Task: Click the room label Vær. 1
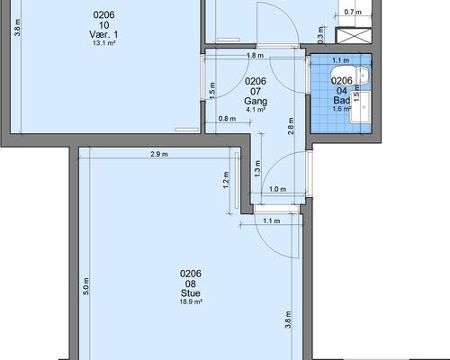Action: (x=103, y=34)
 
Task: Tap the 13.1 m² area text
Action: (x=104, y=43)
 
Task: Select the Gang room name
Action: (x=256, y=101)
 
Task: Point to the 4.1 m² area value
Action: (x=256, y=110)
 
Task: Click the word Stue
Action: (x=191, y=293)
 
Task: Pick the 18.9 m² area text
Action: (x=191, y=301)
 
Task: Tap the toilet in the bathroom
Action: (x=349, y=76)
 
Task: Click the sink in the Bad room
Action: (x=360, y=107)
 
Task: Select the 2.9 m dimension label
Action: (x=159, y=154)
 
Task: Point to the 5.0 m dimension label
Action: (x=85, y=286)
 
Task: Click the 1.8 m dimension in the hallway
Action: (x=255, y=55)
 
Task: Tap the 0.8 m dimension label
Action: (x=227, y=119)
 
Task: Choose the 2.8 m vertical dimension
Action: (x=291, y=126)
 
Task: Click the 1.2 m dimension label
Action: (x=226, y=180)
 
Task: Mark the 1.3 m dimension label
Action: (x=257, y=168)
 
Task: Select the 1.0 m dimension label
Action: (x=277, y=189)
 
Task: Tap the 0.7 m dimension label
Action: (x=353, y=13)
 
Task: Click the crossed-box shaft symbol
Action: (x=354, y=35)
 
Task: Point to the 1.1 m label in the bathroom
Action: (x=340, y=60)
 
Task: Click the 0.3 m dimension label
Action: (x=320, y=35)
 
